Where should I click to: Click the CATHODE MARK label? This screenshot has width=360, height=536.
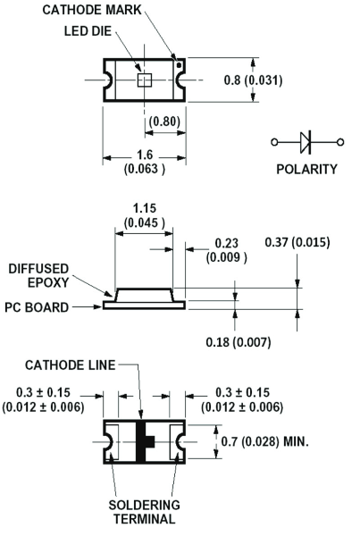coord(92,10)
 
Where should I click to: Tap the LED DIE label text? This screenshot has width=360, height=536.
coord(88,31)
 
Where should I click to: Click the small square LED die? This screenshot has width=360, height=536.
coord(145,80)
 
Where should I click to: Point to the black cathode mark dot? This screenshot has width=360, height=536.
coord(179,65)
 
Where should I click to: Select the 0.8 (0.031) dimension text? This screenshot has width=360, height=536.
coord(254,80)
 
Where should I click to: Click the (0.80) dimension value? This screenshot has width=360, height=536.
coord(164,121)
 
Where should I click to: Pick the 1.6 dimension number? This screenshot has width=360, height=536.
coord(145,155)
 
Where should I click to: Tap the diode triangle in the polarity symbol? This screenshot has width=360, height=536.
coord(306,142)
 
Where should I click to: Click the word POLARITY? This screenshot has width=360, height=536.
coord(306,169)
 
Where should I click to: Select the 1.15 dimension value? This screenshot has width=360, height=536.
coord(145,208)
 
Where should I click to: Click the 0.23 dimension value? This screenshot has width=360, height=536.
coord(226,243)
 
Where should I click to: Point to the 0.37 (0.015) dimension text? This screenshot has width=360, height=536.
coord(297,242)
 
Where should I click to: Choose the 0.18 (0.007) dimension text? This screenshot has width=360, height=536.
coord(239,342)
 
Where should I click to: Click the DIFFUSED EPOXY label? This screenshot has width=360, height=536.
coord(38,275)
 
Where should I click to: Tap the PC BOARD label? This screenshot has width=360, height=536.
coord(37,307)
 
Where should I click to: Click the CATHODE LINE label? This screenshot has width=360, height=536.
coord(71,365)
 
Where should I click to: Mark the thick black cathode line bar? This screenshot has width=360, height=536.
coord(141,441)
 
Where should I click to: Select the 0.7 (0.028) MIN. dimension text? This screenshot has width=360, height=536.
coord(265,441)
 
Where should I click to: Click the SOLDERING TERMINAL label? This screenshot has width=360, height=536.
coord(145,512)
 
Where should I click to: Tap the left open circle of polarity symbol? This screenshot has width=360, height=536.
coord(274,142)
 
